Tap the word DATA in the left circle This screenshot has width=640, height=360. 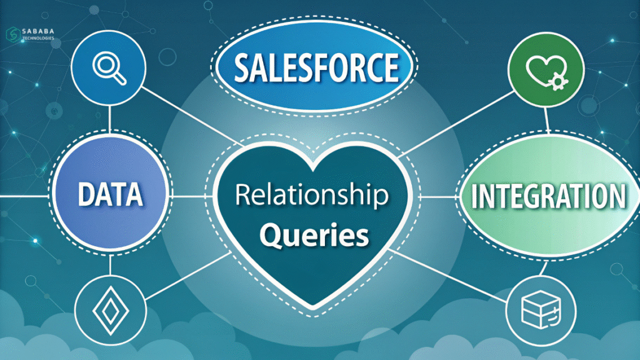coord(110,196)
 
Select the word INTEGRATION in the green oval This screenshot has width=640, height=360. coord(547,196)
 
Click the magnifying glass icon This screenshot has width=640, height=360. coord(109,66)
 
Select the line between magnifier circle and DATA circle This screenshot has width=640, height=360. coord(110,116)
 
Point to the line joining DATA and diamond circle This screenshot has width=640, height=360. coord(110,265)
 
